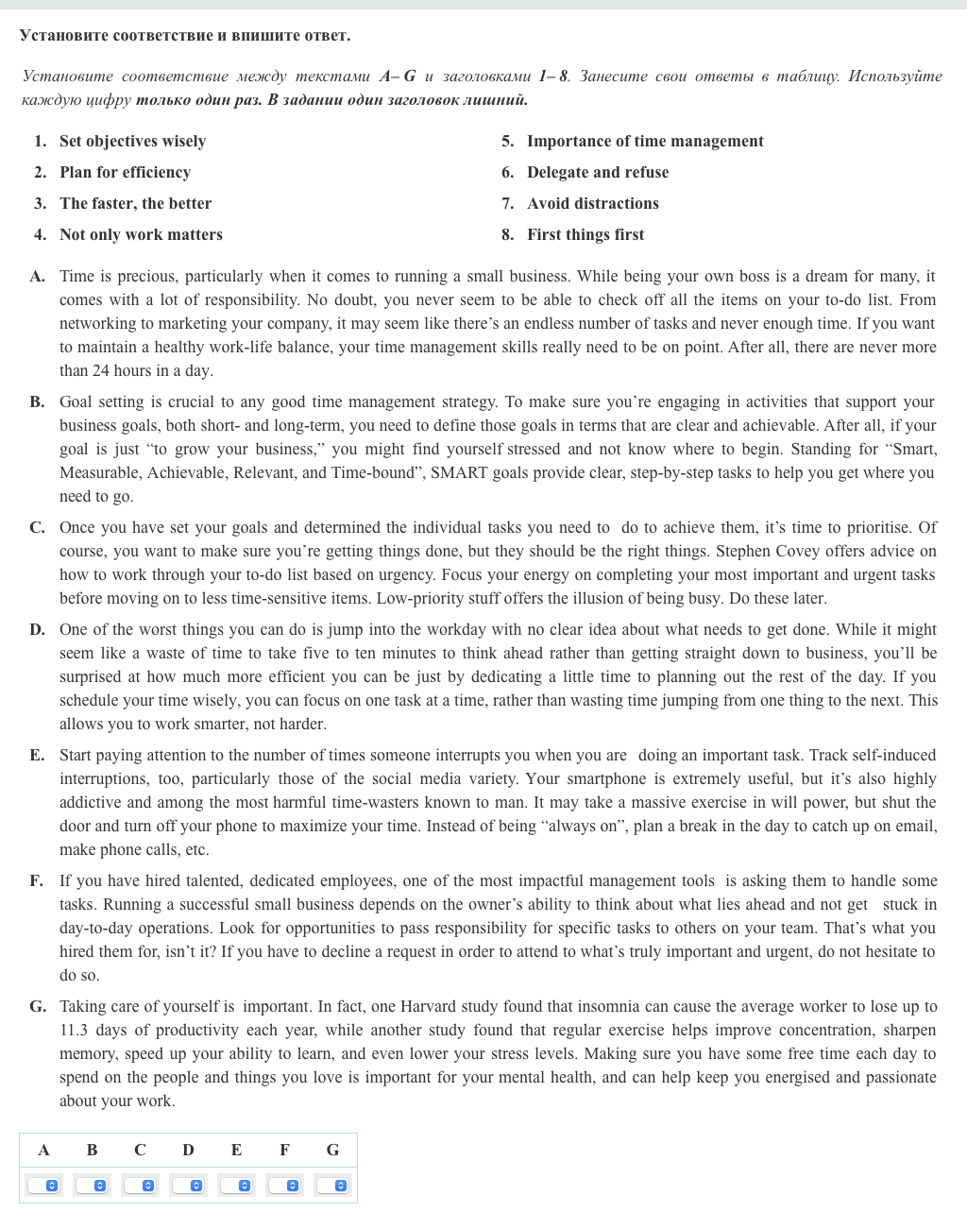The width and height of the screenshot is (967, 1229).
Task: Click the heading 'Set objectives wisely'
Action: pyautogui.click(x=132, y=141)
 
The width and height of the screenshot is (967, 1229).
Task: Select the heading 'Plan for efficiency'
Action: pyautogui.click(x=125, y=172)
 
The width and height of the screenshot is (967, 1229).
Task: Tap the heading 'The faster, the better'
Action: pyautogui.click(x=135, y=203)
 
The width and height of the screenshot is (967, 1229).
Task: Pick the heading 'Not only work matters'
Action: pyautogui.click(x=141, y=234)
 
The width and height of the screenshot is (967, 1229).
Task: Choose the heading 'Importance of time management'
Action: pyautogui.click(x=645, y=141)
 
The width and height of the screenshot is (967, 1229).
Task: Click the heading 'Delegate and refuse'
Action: pyautogui.click(x=598, y=172)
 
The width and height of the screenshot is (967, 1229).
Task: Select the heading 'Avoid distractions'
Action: pyautogui.click(x=593, y=203)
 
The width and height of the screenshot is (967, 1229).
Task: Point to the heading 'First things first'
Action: pyautogui.click(x=585, y=234)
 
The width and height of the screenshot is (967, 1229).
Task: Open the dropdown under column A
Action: pyautogui.click(x=44, y=1186)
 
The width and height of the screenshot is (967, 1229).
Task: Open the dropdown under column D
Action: pyautogui.click(x=189, y=1186)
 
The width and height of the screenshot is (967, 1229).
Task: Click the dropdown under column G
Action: pyautogui.click(x=333, y=1186)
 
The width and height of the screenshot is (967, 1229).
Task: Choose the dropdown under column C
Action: pyautogui.click(x=141, y=1186)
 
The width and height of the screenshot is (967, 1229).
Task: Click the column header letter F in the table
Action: pyautogui.click(x=284, y=1150)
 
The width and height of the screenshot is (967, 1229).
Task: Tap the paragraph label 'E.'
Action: pyautogui.click(x=37, y=755)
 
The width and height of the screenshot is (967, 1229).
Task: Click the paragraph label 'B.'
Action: pyautogui.click(x=37, y=401)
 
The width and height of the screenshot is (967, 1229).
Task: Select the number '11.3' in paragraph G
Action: pyautogui.click(x=73, y=1030)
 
